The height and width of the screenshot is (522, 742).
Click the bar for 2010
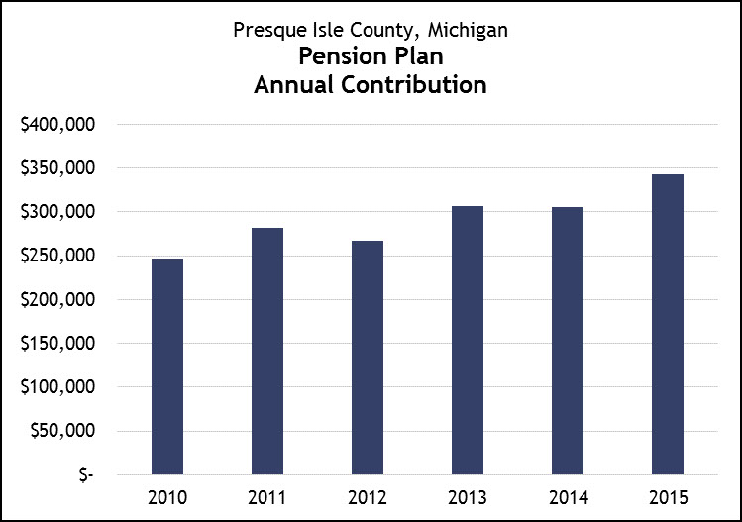pyautogui.click(x=167, y=366)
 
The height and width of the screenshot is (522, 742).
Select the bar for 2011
pyautogui.click(x=267, y=352)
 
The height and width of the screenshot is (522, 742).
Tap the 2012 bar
pyautogui.click(x=368, y=358)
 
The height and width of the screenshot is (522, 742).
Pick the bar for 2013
pyautogui.click(x=468, y=340)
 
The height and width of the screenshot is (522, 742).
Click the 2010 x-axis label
pyautogui.click(x=167, y=495)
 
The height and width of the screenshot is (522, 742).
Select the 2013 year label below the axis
pyautogui.click(x=468, y=495)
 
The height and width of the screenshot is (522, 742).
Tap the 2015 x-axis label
pyautogui.click(x=668, y=495)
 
